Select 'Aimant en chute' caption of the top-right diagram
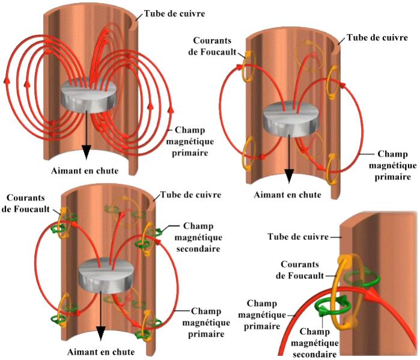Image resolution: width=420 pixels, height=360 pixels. point(287,195)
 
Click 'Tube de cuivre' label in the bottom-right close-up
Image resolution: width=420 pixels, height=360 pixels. point(299,237)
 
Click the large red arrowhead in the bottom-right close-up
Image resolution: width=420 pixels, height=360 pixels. point(376,293)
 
